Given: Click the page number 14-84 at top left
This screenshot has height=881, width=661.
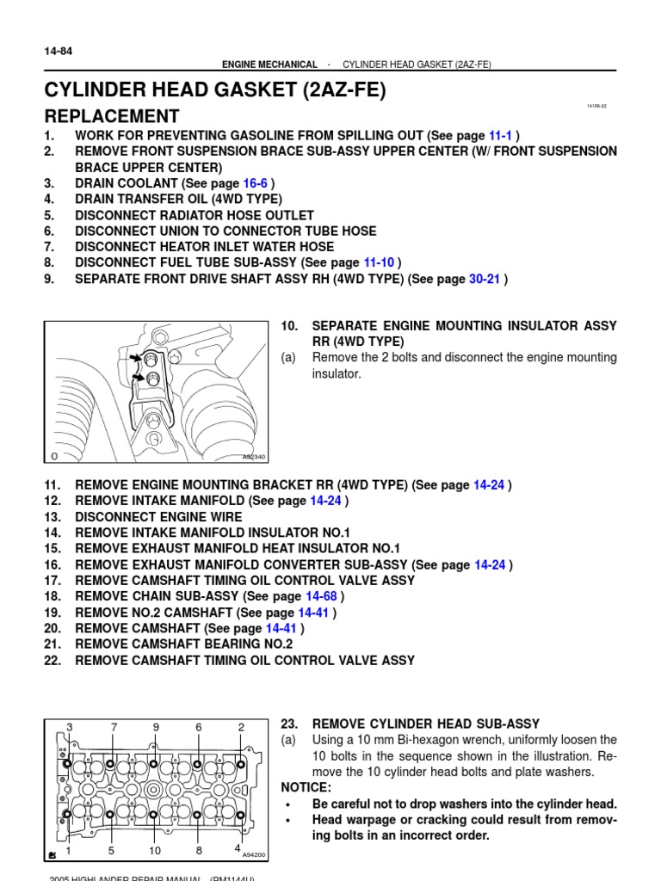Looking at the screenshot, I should coord(58,52).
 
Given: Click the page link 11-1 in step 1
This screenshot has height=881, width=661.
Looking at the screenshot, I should coord(500,136).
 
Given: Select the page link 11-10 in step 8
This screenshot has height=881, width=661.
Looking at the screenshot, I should coord(379,262).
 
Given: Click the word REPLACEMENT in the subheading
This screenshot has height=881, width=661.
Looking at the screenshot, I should coord(112,116).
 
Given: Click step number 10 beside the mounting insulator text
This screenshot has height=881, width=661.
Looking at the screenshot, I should coord(289,326).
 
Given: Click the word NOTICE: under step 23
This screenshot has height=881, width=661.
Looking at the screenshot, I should coord(306,788).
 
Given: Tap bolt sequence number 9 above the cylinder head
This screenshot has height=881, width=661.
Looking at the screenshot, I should coord(156,727).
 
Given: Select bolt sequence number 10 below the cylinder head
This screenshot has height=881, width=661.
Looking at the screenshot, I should coord(155,851).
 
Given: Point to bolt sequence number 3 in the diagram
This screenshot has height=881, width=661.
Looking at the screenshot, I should coord(69,727).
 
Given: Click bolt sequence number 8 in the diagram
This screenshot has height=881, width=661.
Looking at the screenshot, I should coord(199,851).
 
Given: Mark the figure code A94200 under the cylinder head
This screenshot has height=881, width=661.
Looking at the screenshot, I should coord(254,856).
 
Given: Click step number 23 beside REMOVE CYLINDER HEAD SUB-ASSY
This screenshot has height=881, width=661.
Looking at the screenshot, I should coord(289,724).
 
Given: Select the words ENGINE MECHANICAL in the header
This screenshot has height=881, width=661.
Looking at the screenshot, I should coord(269,65).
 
